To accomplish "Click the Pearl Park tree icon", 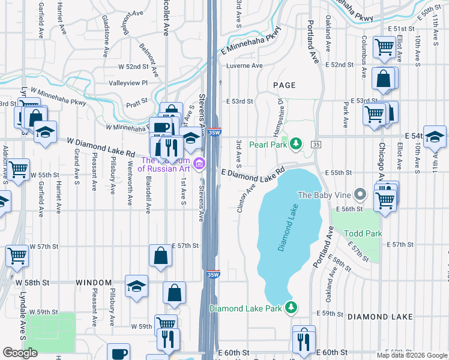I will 295,144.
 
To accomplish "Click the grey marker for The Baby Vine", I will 360,194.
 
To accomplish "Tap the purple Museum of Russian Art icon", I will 199,163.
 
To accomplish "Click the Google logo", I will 20,353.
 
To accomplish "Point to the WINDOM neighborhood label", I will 94,282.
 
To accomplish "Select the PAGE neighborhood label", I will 285,86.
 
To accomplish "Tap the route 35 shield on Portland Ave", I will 316,145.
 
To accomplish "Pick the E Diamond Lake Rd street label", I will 252,175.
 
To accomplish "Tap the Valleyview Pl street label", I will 127,83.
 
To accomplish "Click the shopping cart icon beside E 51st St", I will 384,47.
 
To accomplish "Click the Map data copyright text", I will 412,355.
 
